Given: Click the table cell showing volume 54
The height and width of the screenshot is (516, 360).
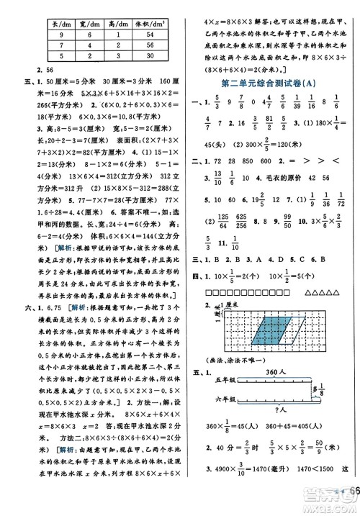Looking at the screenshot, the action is pyautogui.click(x=150, y=35).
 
